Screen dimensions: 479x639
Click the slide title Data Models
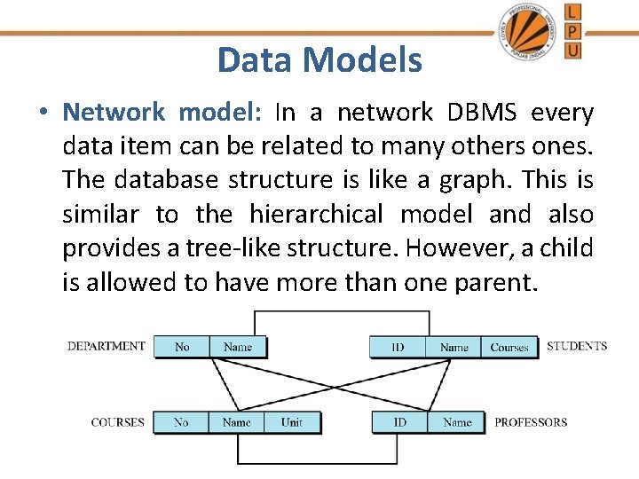319,60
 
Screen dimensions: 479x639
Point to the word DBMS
480,113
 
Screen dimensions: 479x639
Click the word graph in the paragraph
479,180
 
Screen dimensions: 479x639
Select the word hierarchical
318,214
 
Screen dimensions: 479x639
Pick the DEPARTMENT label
106,346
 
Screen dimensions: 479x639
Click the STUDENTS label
577,346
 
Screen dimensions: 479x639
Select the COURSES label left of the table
117,422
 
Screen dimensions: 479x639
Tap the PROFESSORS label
531,422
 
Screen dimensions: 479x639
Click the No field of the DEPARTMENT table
182,347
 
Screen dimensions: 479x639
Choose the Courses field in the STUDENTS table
509,347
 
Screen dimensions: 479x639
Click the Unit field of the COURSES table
292,422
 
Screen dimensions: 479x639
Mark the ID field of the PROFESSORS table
400,422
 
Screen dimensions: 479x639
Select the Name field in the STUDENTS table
454,347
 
